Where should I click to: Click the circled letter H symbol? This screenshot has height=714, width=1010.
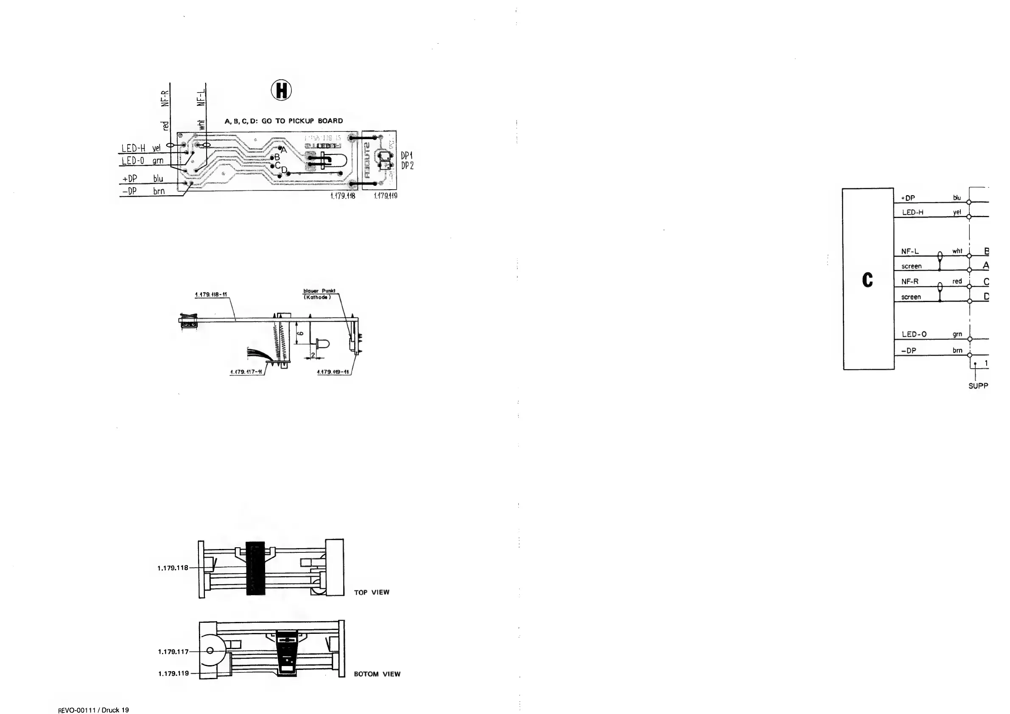tap(281, 90)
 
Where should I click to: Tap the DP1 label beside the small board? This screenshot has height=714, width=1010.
tap(407, 156)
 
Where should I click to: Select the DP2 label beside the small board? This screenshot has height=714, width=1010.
tap(407, 166)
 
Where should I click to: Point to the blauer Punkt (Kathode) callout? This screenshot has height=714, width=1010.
tap(319, 294)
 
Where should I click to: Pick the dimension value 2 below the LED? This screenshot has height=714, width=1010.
tap(313, 355)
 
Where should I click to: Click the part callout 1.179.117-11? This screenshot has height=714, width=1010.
tap(246, 372)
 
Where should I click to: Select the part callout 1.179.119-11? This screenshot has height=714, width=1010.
tap(333, 372)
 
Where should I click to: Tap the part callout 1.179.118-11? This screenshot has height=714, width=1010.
tap(211, 294)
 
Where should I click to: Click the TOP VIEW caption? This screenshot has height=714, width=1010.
tap(372, 592)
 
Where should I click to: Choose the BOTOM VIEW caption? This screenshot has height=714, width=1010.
tap(377, 674)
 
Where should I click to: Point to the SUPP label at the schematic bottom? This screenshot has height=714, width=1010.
tap(978, 386)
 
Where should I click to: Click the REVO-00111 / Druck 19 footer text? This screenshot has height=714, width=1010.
tap(93, 710)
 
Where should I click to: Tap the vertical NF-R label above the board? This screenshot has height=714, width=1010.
tap(165, 98)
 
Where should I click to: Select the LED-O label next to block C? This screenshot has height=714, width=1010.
tap(914, 334)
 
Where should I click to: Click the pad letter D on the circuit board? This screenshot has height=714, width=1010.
tap(284, 169)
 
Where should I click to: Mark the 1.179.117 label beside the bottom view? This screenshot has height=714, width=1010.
tap(173, 652)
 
